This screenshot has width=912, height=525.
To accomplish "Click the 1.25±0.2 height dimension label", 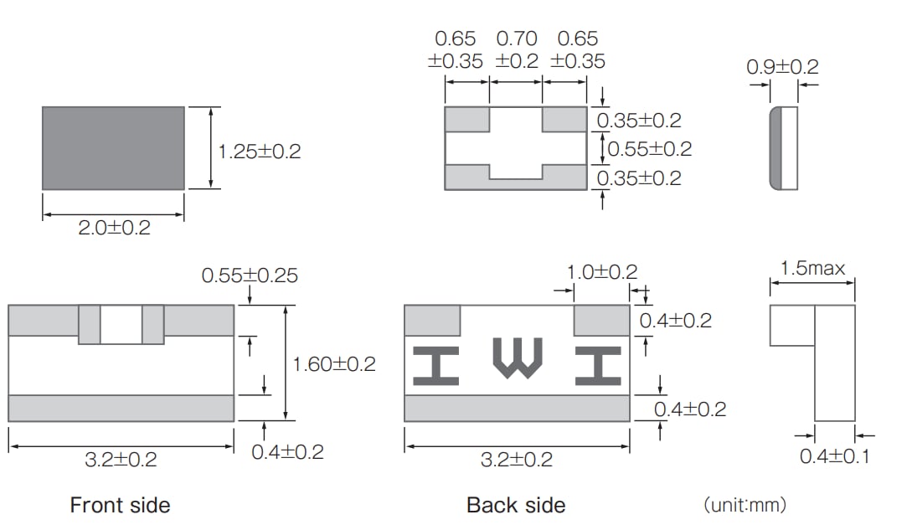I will (x=259, y=152).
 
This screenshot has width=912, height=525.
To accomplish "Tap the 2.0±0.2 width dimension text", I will (x=115, y=228).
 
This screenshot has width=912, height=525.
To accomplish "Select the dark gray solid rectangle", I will (x=113, y=148).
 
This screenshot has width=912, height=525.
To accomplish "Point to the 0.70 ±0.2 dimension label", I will (x=517, y=50).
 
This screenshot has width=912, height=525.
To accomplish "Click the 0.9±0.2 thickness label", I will (x=782, y=67).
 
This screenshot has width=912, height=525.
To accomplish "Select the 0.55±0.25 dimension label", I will (x=250, y=275).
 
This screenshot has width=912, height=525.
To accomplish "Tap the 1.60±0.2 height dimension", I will (x=334, y=364).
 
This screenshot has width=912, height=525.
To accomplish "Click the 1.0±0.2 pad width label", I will (x=601, y=272).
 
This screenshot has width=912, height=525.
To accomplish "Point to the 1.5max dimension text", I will (x=812, y=269).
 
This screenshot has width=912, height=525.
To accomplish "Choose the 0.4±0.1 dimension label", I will (x=834, y=456).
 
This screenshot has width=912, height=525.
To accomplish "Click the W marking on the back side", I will (x=518, y=358).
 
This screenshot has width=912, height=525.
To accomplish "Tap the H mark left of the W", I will (x=435, y=366).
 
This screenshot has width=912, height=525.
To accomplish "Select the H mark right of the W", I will (x=598, y=366).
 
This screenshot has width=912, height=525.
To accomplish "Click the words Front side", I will (x=120, y=505).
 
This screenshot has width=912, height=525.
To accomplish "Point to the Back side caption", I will (x=516, y=505).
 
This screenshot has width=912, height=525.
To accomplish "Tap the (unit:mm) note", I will (x=745, y=505).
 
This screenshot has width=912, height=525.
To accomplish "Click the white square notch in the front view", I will (x=121, y=325).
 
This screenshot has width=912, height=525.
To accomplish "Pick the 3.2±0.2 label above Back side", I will (x=517, y=460).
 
